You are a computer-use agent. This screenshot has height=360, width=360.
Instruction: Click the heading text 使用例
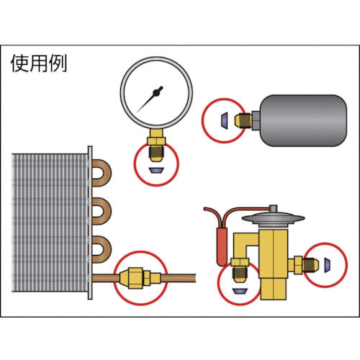click(39, 63)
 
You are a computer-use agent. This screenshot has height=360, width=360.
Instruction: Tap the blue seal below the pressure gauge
click(156, 170)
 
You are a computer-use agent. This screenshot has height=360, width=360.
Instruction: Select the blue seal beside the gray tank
click(225, 120)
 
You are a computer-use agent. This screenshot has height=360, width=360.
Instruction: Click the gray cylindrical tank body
click(304, 120)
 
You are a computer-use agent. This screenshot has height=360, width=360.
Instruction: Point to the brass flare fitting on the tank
click(243, 121)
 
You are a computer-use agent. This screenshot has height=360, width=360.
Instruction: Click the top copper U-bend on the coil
click(102, 173)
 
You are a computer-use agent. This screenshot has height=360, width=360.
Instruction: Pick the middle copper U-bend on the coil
click(102, 211)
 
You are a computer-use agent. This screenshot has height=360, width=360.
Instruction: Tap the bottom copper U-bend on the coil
click(102, 249)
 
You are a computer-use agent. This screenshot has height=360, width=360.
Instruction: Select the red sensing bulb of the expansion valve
click(222, 247)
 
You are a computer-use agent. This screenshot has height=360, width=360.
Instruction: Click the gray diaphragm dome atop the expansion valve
click(273, 220)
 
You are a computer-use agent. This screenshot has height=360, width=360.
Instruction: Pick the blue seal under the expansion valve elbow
click(240, 291)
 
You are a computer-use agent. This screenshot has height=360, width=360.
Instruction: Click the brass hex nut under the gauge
click(156, 140)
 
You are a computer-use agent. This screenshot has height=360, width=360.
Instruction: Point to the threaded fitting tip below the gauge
click(156, 154)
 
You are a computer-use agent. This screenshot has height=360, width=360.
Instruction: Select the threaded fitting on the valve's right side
click(310, 265)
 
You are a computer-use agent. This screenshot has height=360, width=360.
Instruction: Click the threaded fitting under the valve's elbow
click(240, 275)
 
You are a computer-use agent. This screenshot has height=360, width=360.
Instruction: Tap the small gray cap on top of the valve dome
click(273, 209)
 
